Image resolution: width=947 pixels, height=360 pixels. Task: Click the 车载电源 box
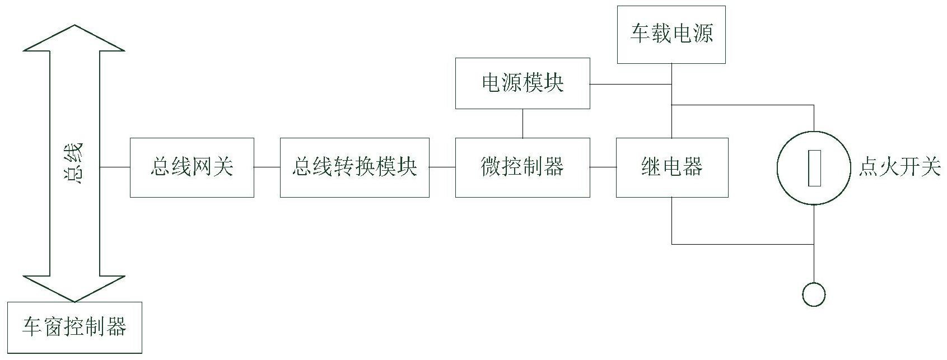pos(671,35)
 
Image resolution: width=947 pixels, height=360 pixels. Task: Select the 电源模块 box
pos(523,83)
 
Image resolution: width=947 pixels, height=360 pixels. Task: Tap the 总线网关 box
pos(192,167)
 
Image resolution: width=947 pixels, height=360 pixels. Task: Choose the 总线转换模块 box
pos(354,167)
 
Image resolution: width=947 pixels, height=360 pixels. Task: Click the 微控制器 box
pos(523,167)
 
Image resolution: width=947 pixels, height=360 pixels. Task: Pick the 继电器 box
pos(672,167)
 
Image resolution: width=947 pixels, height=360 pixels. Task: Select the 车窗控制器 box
pos(74,328)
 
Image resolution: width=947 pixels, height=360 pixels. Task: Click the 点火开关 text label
pos(899,166)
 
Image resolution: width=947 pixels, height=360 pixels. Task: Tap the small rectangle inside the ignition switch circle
pos(814,168)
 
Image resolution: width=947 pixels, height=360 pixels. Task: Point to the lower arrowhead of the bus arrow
pos(74,289)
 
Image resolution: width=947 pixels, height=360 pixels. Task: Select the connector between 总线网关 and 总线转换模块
pos(267,167)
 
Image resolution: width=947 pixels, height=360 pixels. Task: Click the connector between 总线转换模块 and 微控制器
pos(442,167)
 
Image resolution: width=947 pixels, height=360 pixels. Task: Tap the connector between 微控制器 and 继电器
pos(603,167)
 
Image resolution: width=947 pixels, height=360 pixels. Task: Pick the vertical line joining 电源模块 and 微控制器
pos(523,123)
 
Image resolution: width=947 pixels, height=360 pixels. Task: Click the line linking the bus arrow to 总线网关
pos(115,167)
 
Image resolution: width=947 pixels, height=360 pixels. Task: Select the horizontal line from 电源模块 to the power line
pos(631,84)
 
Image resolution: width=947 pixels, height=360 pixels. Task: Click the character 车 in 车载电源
pos(640,33)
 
